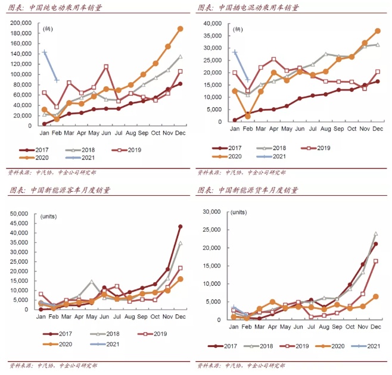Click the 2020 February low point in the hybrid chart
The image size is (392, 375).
click(247, 117)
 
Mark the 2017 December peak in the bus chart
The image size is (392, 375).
click(181, 226)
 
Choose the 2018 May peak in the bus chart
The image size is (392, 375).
click(91, 282)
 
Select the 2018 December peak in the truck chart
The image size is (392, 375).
click(376, 234)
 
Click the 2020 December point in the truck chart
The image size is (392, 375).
click(376, 296)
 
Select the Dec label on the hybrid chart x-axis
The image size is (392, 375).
click(377, 128)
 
